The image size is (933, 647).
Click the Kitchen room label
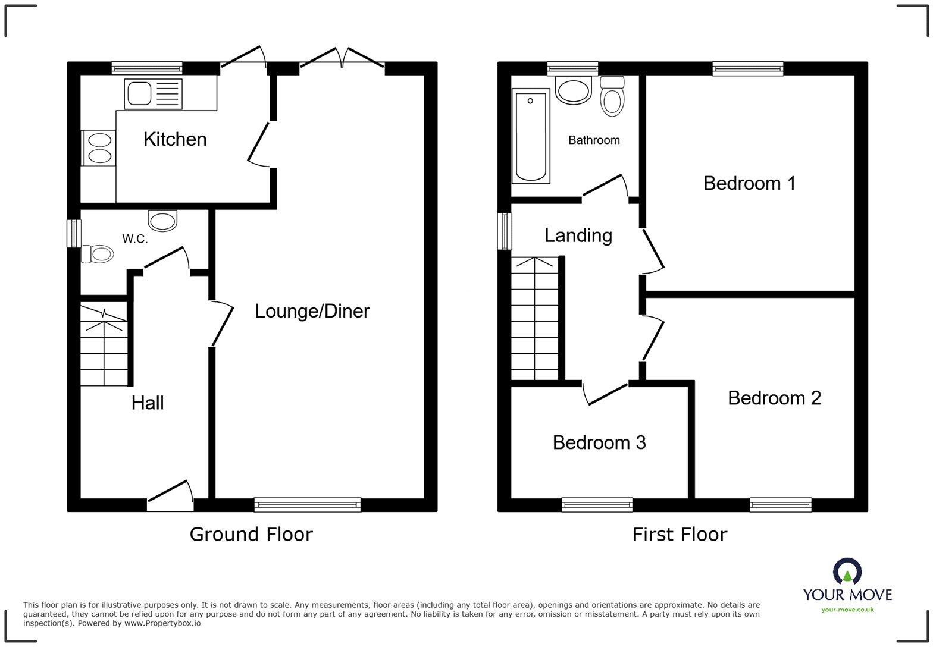[175, 139]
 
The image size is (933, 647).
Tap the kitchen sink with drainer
[153, 94]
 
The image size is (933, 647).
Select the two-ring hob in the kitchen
[99, 147]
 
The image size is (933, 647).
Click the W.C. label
[134, 239]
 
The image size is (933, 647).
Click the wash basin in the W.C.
[162, 221]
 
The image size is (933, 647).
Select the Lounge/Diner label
[312, 311]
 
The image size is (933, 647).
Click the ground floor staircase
[104, 345]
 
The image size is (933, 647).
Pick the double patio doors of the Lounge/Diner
[342, 59]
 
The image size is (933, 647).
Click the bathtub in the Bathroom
[530, 136]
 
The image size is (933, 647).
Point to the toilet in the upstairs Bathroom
[612, 96]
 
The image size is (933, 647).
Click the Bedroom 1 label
[749, 183]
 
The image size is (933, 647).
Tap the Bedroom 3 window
[597, 505]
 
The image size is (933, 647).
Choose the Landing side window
[505, 231]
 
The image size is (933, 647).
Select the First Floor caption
[680, 535]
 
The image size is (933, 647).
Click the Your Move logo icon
[847, 571]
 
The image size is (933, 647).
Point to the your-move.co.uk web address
[847, 610]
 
